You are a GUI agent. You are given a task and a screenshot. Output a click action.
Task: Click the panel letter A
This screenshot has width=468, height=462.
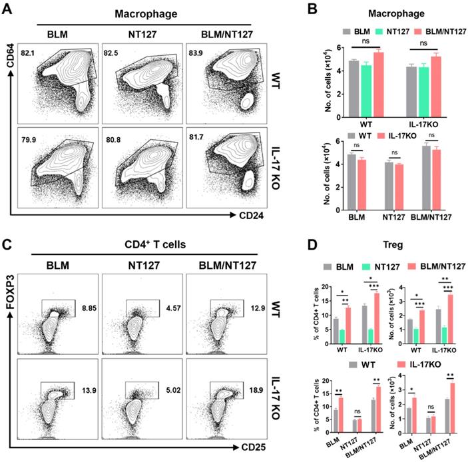pos(10,11)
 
